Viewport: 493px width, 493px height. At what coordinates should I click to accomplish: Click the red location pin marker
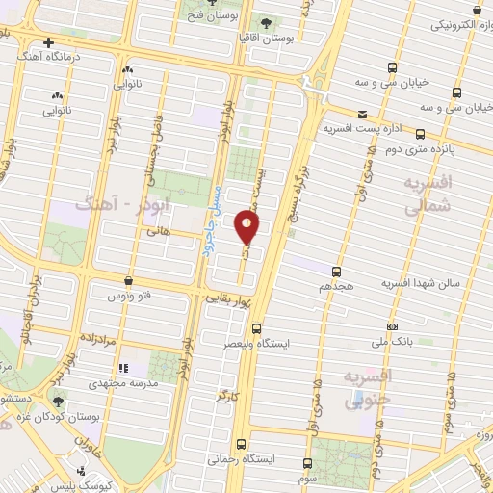pyautogui.click(x=248, y=226)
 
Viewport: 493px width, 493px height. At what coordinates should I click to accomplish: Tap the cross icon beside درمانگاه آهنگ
pyautogui.click(x=48, y=42)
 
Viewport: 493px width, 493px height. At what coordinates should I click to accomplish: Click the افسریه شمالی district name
pyautogui.click(x=429, y=194)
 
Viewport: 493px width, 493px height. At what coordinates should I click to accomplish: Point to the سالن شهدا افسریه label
pyautogui.click(x=420, y=284)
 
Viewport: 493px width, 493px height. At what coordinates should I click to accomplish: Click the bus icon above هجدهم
pyautogui.click(x=336, y=272)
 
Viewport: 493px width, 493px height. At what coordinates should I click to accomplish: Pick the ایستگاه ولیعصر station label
pyautogui.click(x=256, y=342)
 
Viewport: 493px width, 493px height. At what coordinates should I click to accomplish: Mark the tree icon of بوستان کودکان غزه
pyautogui.click(x=60, y=402)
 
